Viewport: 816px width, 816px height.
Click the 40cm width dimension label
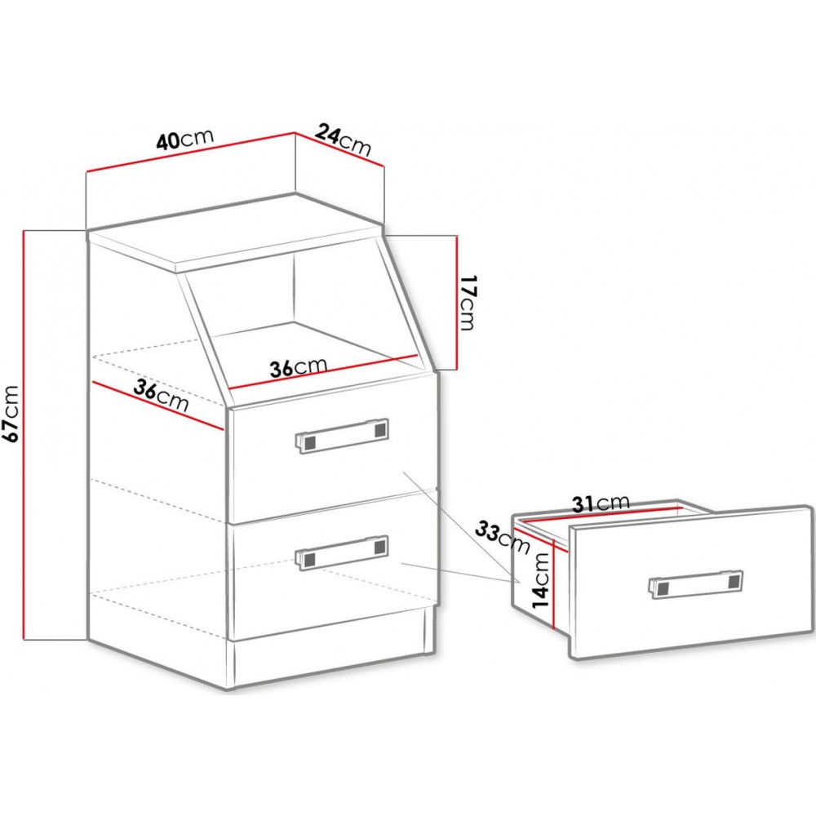pyautogui.click(x=184, y=139)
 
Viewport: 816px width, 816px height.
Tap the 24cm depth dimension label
pyautogui.click(x=344, y=139)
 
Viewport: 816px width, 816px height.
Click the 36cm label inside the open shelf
pyautogui.click(x=298, y=367)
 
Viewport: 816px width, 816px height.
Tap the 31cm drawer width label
pyautogui.click(x=601, y=503)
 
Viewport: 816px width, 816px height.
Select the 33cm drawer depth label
pyautogui.click(x=503, y=537)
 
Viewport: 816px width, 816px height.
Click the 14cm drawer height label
pyautogui.click(x=540, y=579)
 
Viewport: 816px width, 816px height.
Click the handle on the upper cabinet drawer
pyautogui.click(x=342, y=435)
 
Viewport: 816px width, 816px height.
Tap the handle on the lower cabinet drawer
pyautogui.click(x=342, y=552)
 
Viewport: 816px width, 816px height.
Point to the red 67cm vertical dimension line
pyautogui.click(x=24, y=435)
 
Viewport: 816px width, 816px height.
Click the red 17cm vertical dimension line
pyautogui.click(x=456, y=303)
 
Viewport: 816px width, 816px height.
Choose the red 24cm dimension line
pyautogui.click(x=339, y=149)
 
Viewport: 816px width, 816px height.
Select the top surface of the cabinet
pyautogui.click(x=235, y=232)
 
